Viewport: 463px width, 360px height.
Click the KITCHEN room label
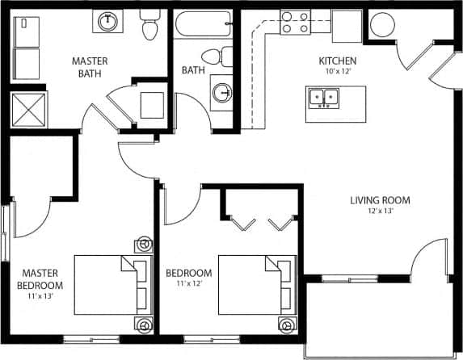click(x=338, y=61)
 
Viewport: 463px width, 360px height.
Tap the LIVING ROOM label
click(x=380, y=200)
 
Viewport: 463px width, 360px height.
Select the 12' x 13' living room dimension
click(x=380, y=211)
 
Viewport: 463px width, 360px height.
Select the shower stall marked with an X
click(x=29, y=108)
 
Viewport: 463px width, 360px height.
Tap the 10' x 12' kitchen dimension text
click(x=338, y=72)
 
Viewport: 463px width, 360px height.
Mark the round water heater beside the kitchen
click(x=382, y=26)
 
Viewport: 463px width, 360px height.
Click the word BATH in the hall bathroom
click(x=193, y=70)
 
